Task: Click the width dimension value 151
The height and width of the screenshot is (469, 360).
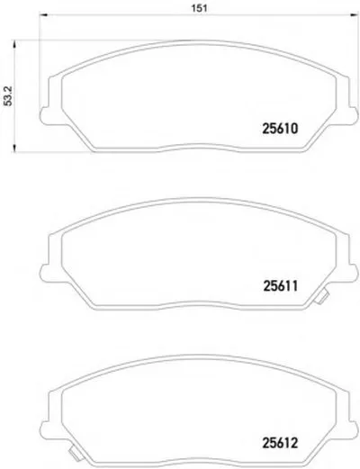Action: click(x=199, y=8)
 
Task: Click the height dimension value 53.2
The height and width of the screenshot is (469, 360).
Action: click(x=8, y=96)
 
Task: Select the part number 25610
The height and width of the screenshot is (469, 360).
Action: click(x=280, y=129)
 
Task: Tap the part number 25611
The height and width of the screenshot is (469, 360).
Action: click(x=281, y=286)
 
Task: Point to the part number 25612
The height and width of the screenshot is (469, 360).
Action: click(x=280, y=443)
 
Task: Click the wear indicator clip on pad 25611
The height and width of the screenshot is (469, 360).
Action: click(x=321, y=297)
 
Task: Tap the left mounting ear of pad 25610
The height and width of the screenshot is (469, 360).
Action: click(x=45, y=115)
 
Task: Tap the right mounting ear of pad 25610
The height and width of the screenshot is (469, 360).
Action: click(x=353, y=115)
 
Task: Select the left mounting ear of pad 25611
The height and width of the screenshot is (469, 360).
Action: click(x=45, y=273)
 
